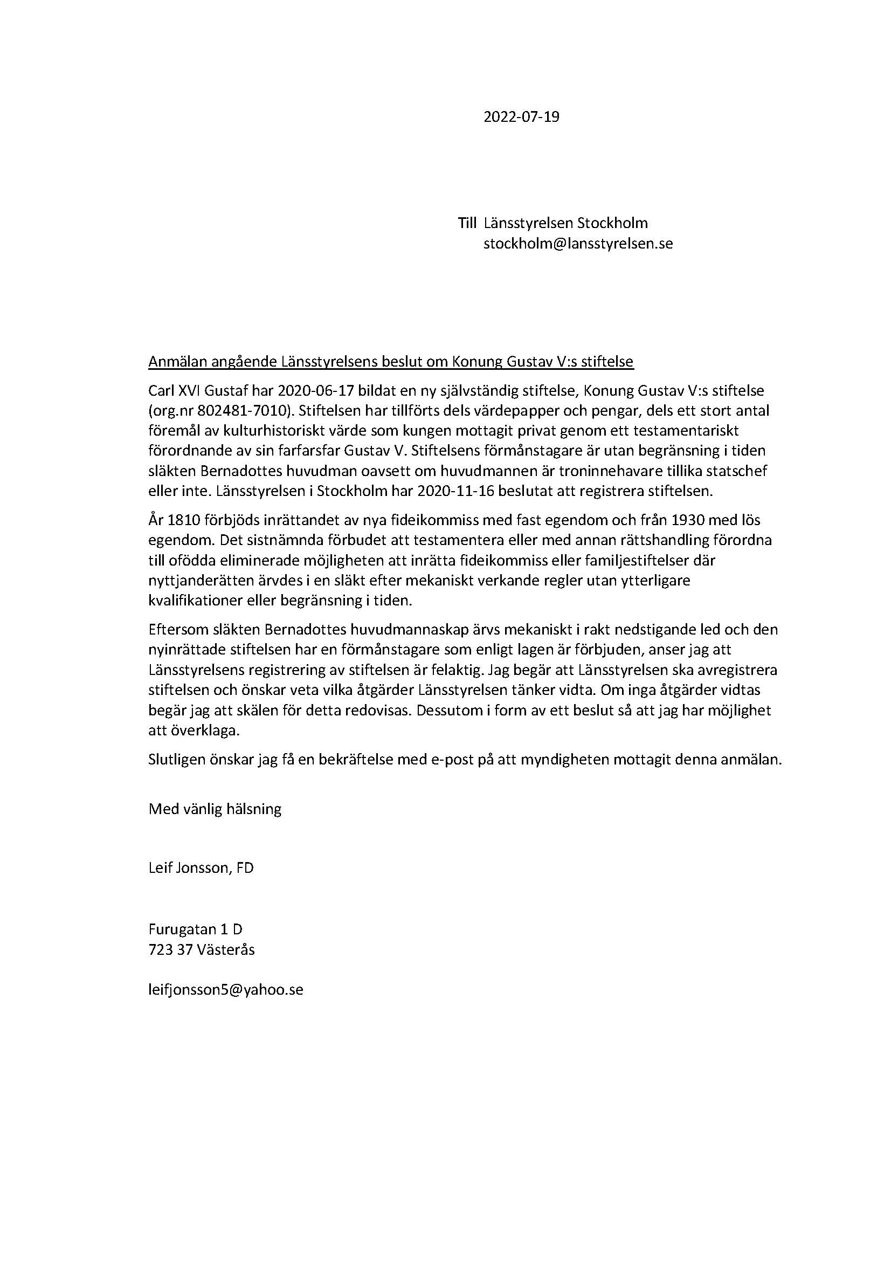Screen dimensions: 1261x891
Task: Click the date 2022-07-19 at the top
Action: [521, 117]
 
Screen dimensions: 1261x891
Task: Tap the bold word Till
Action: [467, 223]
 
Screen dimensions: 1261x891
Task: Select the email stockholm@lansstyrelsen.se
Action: [577, 243]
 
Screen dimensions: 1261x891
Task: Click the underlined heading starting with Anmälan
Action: [390, 362]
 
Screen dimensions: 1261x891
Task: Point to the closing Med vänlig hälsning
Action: [215, 809]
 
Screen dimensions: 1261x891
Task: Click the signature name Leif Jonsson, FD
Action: [201, 868]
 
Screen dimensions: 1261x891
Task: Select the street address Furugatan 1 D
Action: [196, 929]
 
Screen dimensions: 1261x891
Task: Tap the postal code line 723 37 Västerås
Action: [202, 949]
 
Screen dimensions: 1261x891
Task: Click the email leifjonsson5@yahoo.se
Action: [226, 990]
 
